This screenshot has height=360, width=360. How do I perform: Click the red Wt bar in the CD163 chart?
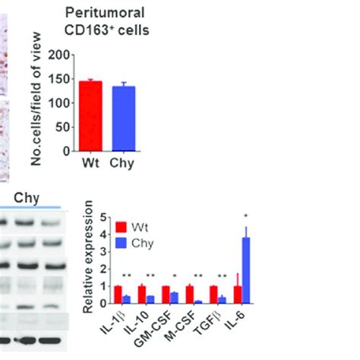(90, 116)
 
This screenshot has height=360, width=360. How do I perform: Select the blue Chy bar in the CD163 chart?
(124, 119)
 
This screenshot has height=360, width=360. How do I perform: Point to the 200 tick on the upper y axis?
(58, 55)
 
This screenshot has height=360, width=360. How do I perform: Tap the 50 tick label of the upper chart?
(62, 127)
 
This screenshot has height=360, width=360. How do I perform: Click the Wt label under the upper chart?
(90, 163)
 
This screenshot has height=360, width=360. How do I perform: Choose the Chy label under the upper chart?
(122, 164)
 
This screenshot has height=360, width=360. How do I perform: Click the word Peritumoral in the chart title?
(105, 13)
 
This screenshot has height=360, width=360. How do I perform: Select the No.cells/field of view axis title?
(36, 99)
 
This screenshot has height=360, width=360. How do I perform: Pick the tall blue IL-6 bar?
(246, 270)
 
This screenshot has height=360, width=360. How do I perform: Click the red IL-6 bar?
(238, 295)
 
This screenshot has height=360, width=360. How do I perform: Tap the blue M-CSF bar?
(198, 302)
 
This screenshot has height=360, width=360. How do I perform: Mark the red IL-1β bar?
(118, 295)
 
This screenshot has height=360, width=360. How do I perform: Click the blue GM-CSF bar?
(175, 298)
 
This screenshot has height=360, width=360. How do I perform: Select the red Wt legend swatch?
(121, 227)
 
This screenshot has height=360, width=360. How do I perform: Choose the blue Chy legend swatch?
(121, 243)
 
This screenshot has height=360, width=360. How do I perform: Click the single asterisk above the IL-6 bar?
(246, 216)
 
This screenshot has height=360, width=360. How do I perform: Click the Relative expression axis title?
(88, 257)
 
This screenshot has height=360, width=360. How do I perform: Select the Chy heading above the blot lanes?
(27, 199)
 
